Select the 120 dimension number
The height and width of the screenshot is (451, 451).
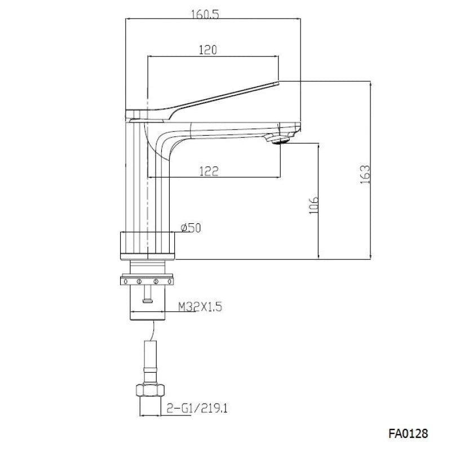(208, 50)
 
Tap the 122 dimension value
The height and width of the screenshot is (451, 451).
(208, 171)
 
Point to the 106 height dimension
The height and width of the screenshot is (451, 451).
(315, 207)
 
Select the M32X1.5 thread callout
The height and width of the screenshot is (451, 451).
(201, 307)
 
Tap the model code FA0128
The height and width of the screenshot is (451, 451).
(408, 434)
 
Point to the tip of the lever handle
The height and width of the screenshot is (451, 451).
(276, 84)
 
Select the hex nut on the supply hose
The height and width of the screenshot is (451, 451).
(149, 390)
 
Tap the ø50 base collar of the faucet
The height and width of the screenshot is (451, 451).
(149, 246)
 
